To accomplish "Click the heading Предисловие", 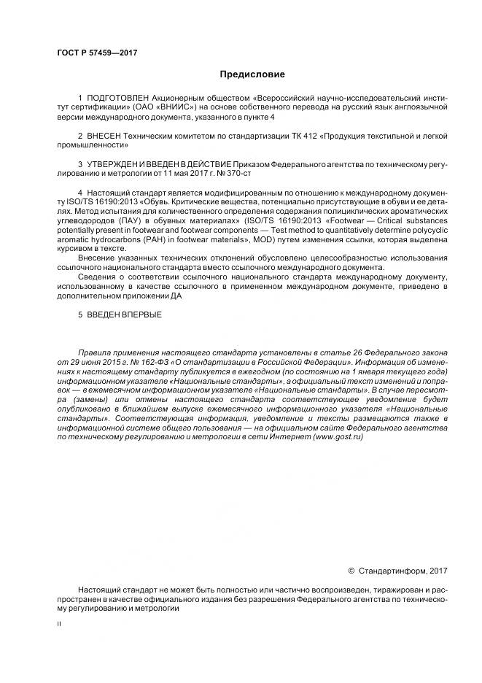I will pos(252,74).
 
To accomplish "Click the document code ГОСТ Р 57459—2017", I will pos(98,53).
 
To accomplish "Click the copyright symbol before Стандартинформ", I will pos(351,571).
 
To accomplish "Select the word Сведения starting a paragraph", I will pos(96,278).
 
